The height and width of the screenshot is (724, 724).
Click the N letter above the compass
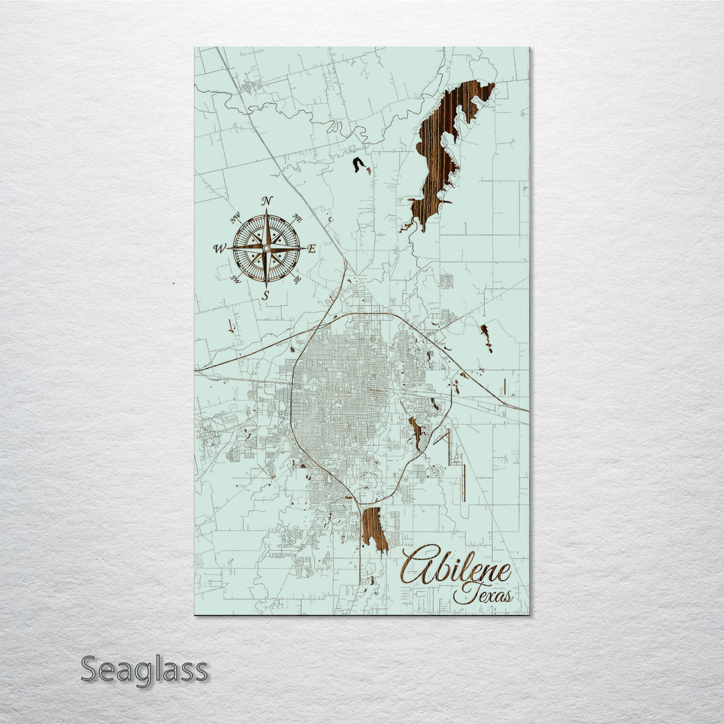tap(267, 200)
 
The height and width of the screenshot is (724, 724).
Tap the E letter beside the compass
tap(312, 249)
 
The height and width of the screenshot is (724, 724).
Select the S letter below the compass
tap(265, 295)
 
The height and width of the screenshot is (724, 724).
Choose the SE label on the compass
tap(297, 279)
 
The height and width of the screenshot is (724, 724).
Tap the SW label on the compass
tap(235, 279)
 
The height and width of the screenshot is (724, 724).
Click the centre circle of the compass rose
tap(266, 249)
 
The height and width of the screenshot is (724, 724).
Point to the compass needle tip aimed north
tap(266, 212)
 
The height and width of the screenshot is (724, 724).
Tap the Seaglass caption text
tap(144, 670)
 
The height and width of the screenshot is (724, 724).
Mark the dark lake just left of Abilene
tap(374, 529)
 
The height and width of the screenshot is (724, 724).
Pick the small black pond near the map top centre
tap(359, 164)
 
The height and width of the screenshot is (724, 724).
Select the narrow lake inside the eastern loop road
tap(416, 432)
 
